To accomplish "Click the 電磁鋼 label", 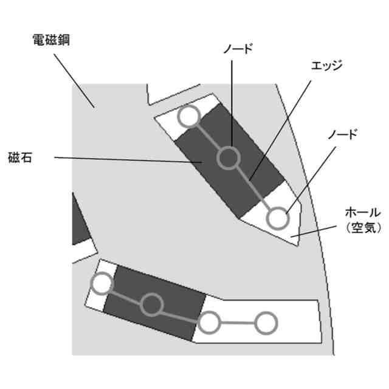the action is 52,41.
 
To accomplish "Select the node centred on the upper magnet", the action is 229,158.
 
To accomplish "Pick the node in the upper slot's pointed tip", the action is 277,218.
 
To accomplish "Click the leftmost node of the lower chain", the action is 102,283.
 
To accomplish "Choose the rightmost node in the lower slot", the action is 265,323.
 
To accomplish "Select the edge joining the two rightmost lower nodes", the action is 238,323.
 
